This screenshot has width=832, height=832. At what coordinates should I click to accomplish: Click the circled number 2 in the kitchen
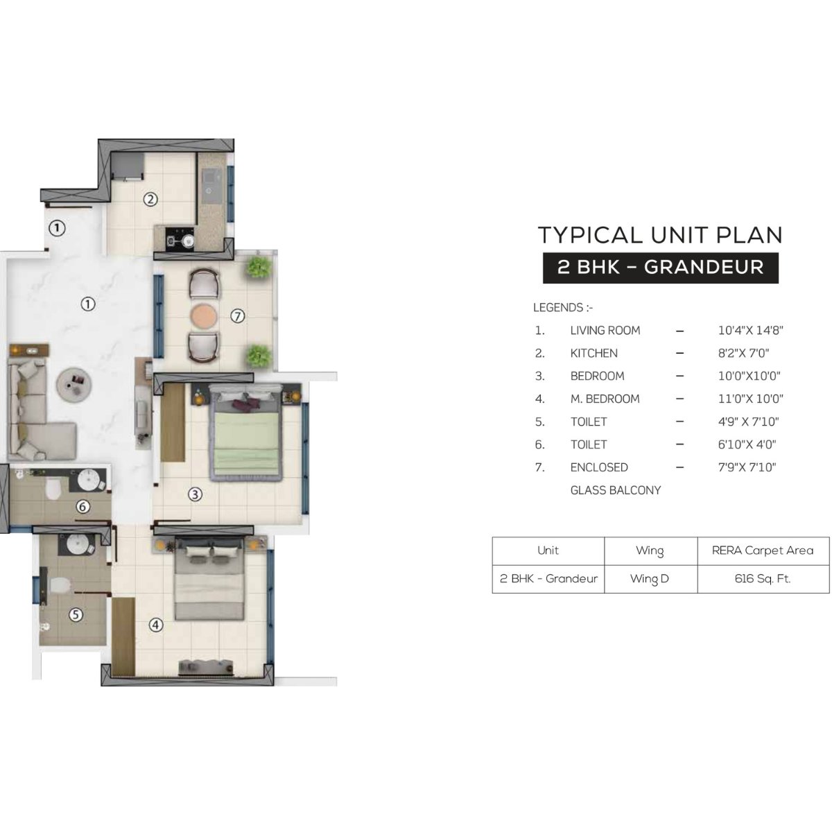click(x=150, y=200)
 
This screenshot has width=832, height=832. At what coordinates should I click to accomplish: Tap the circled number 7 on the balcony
click(x=238, y=316)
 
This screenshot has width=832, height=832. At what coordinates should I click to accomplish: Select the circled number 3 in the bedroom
click(x=196, y=494)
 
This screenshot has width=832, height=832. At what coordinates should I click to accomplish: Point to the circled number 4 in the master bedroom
click(x=156, y=625)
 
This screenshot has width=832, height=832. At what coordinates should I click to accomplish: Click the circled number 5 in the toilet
click(x=76, y=614)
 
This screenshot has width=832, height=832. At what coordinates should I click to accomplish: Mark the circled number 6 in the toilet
click(x=83, y=507)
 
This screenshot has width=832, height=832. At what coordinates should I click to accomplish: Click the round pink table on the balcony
click(x=203, y=316)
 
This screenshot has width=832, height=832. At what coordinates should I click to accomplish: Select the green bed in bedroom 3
click(x=246, y=433)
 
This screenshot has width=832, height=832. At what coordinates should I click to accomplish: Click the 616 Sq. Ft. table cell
click(x=763, y=578)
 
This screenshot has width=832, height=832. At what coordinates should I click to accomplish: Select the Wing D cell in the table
click(x=650, y=578)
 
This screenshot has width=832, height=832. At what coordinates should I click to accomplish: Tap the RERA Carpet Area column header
click(x=763, y=551)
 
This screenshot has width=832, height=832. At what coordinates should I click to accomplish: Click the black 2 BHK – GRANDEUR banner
click(x=660, y=268)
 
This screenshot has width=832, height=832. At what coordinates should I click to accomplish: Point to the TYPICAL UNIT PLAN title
click(x=660, y=235)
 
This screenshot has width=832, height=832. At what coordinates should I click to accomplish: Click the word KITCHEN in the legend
click(x=593, y=353)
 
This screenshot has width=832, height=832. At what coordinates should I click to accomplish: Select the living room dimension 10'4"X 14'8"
click(x=751, y=331)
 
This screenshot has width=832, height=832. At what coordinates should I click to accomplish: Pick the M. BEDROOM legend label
click(x=605, y=399)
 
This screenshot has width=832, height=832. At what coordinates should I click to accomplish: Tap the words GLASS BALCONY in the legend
click(x=615, y=490)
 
